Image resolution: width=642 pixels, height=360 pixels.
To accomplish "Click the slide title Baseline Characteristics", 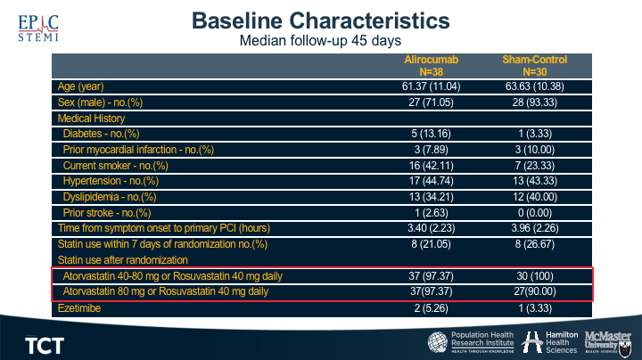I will click(x=321, y=20).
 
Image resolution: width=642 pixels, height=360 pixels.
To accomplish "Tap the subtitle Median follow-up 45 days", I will click(x=320, y=41).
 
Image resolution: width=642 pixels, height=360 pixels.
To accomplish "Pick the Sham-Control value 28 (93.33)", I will click(x=534, y=102).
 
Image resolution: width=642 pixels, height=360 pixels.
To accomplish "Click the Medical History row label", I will click(x=91, y=119).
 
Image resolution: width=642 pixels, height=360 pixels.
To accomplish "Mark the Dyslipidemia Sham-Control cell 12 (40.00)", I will click(x=534, y=197).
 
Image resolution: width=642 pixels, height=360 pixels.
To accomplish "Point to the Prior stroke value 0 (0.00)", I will click(x=534, y=212).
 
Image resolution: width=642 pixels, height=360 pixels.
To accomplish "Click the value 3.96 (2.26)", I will click(x=534, y=228).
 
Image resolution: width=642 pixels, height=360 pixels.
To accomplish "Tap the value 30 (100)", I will click(x=534, y=275).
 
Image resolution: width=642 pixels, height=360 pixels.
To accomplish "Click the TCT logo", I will click(x=44, y=344).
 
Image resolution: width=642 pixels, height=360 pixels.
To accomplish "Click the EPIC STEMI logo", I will click(x=37, y=27).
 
